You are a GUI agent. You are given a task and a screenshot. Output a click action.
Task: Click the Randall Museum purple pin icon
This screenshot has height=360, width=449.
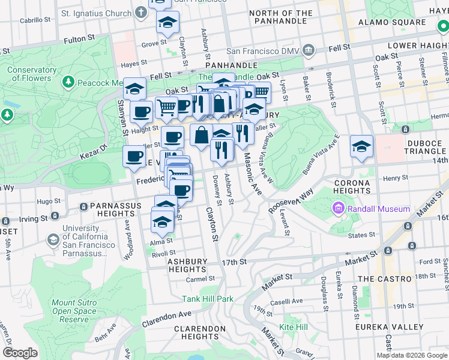pos(338,209)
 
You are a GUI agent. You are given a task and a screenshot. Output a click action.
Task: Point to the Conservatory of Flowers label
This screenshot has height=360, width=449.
pos(29,74)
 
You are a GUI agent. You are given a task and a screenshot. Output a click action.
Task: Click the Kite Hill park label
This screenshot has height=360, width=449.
pos(294,327)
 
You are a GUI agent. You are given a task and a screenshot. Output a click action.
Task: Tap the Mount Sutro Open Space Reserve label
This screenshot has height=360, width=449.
pos(73,311)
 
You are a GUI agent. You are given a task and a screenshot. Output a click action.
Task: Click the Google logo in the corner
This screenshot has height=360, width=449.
pos(20,353)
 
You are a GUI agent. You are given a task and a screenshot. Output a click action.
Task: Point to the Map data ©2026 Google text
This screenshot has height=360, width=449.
pos(412,355)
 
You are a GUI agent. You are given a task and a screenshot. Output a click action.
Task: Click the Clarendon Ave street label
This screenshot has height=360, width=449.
pos(167,318)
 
